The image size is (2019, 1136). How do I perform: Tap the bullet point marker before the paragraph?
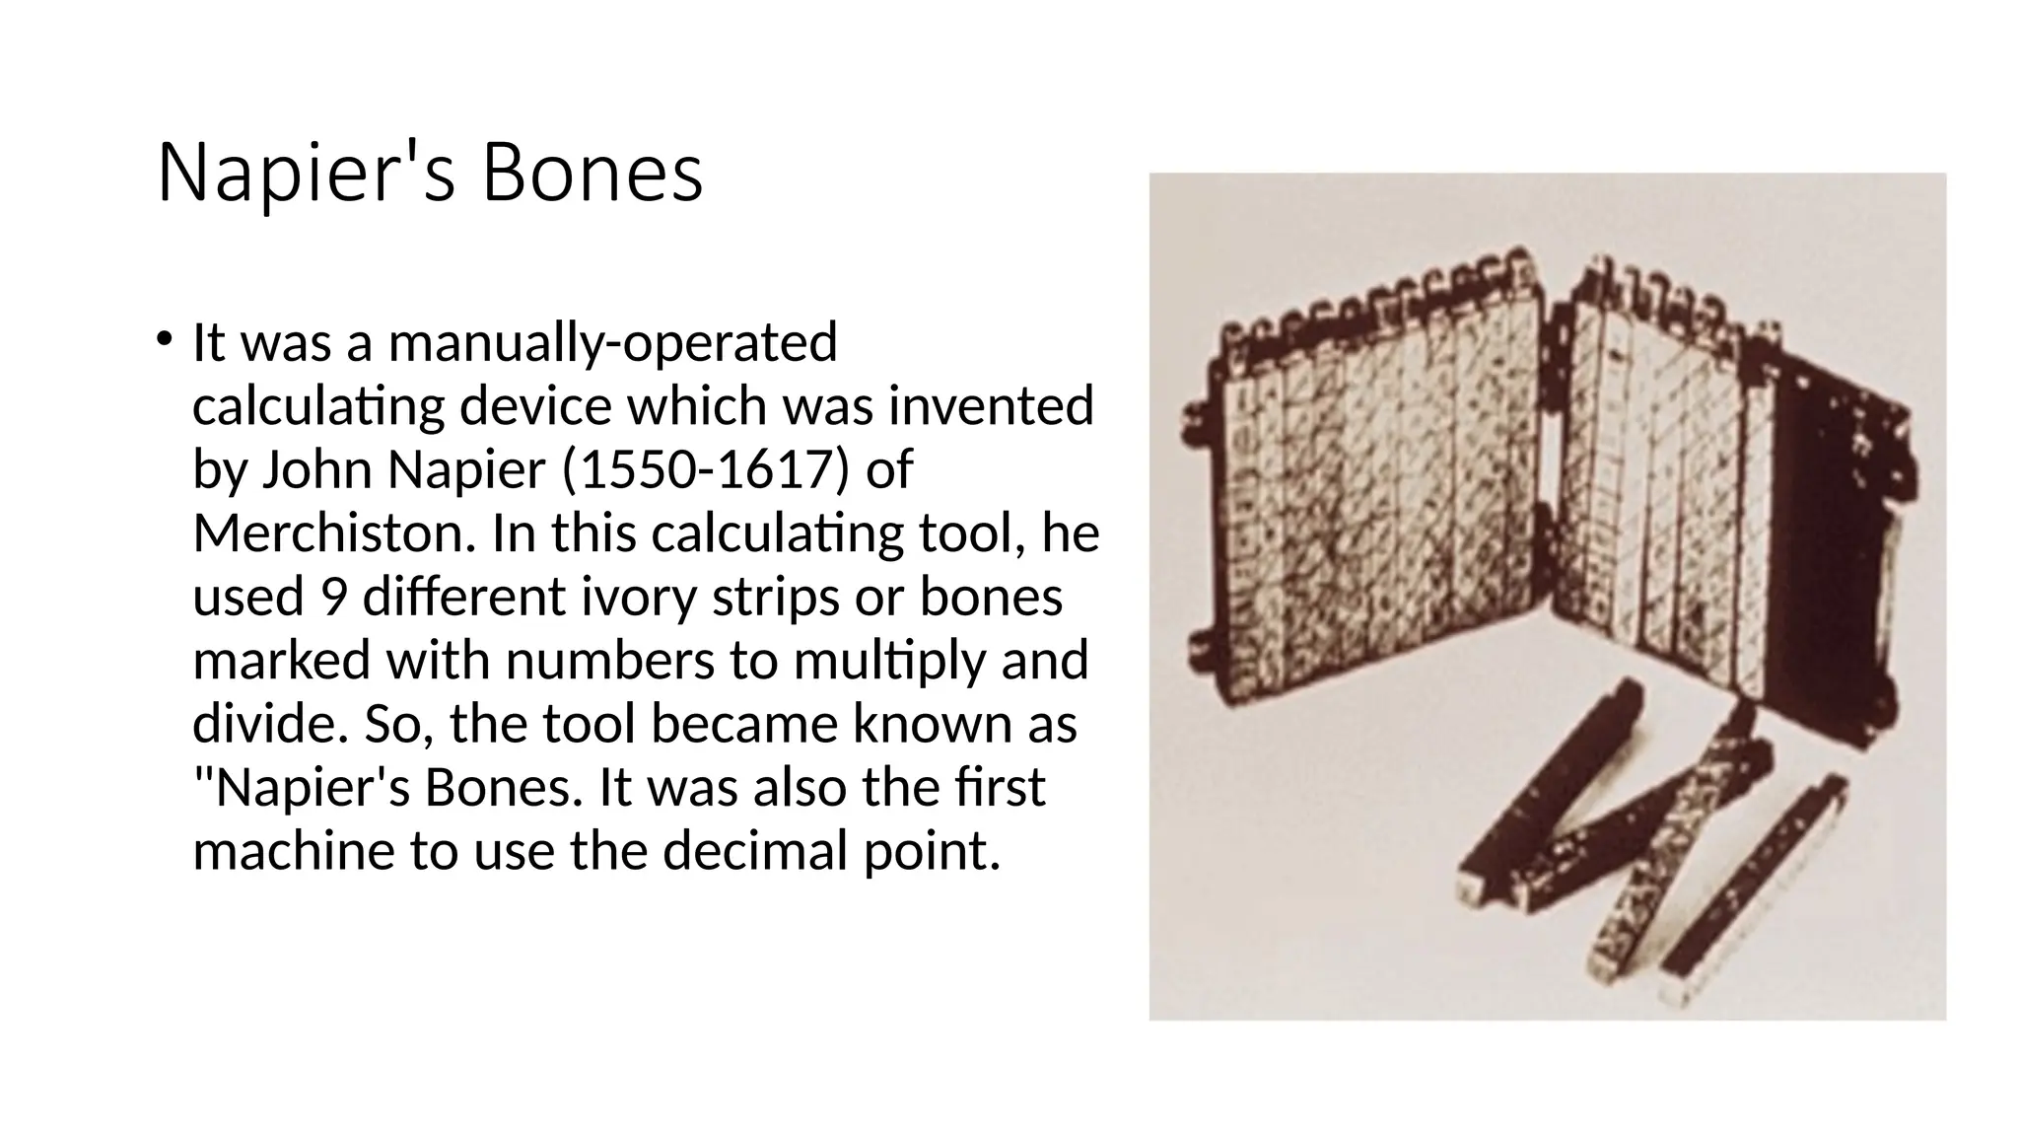coord(164,339)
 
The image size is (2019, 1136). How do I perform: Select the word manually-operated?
coord(612,343)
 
